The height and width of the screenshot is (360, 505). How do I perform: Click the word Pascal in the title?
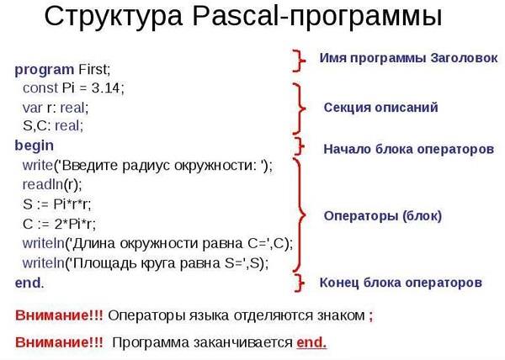(235, 15)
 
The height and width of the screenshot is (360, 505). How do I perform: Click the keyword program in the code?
(45, 70)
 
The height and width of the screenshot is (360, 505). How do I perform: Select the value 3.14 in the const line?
(106, 87)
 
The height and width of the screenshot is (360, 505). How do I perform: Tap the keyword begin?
(35, 146)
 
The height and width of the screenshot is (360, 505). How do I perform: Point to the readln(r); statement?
(52, 184)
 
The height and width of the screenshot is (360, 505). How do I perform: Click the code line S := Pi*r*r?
(57, 204)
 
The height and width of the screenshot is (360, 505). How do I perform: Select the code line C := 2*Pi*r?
(59, 224)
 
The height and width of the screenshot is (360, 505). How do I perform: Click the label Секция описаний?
(380, 108)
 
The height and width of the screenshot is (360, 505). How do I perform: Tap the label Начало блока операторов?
(409, 149)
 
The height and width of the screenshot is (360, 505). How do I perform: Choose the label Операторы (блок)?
(383, 216)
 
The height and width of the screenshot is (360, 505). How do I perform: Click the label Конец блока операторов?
(401, 283)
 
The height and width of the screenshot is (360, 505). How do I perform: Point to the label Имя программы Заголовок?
(408, 58)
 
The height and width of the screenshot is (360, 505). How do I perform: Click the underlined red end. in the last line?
(311, 342)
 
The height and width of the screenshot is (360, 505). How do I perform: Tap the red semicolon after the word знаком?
(371, 316)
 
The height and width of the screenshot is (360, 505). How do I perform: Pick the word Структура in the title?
(114, 17)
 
